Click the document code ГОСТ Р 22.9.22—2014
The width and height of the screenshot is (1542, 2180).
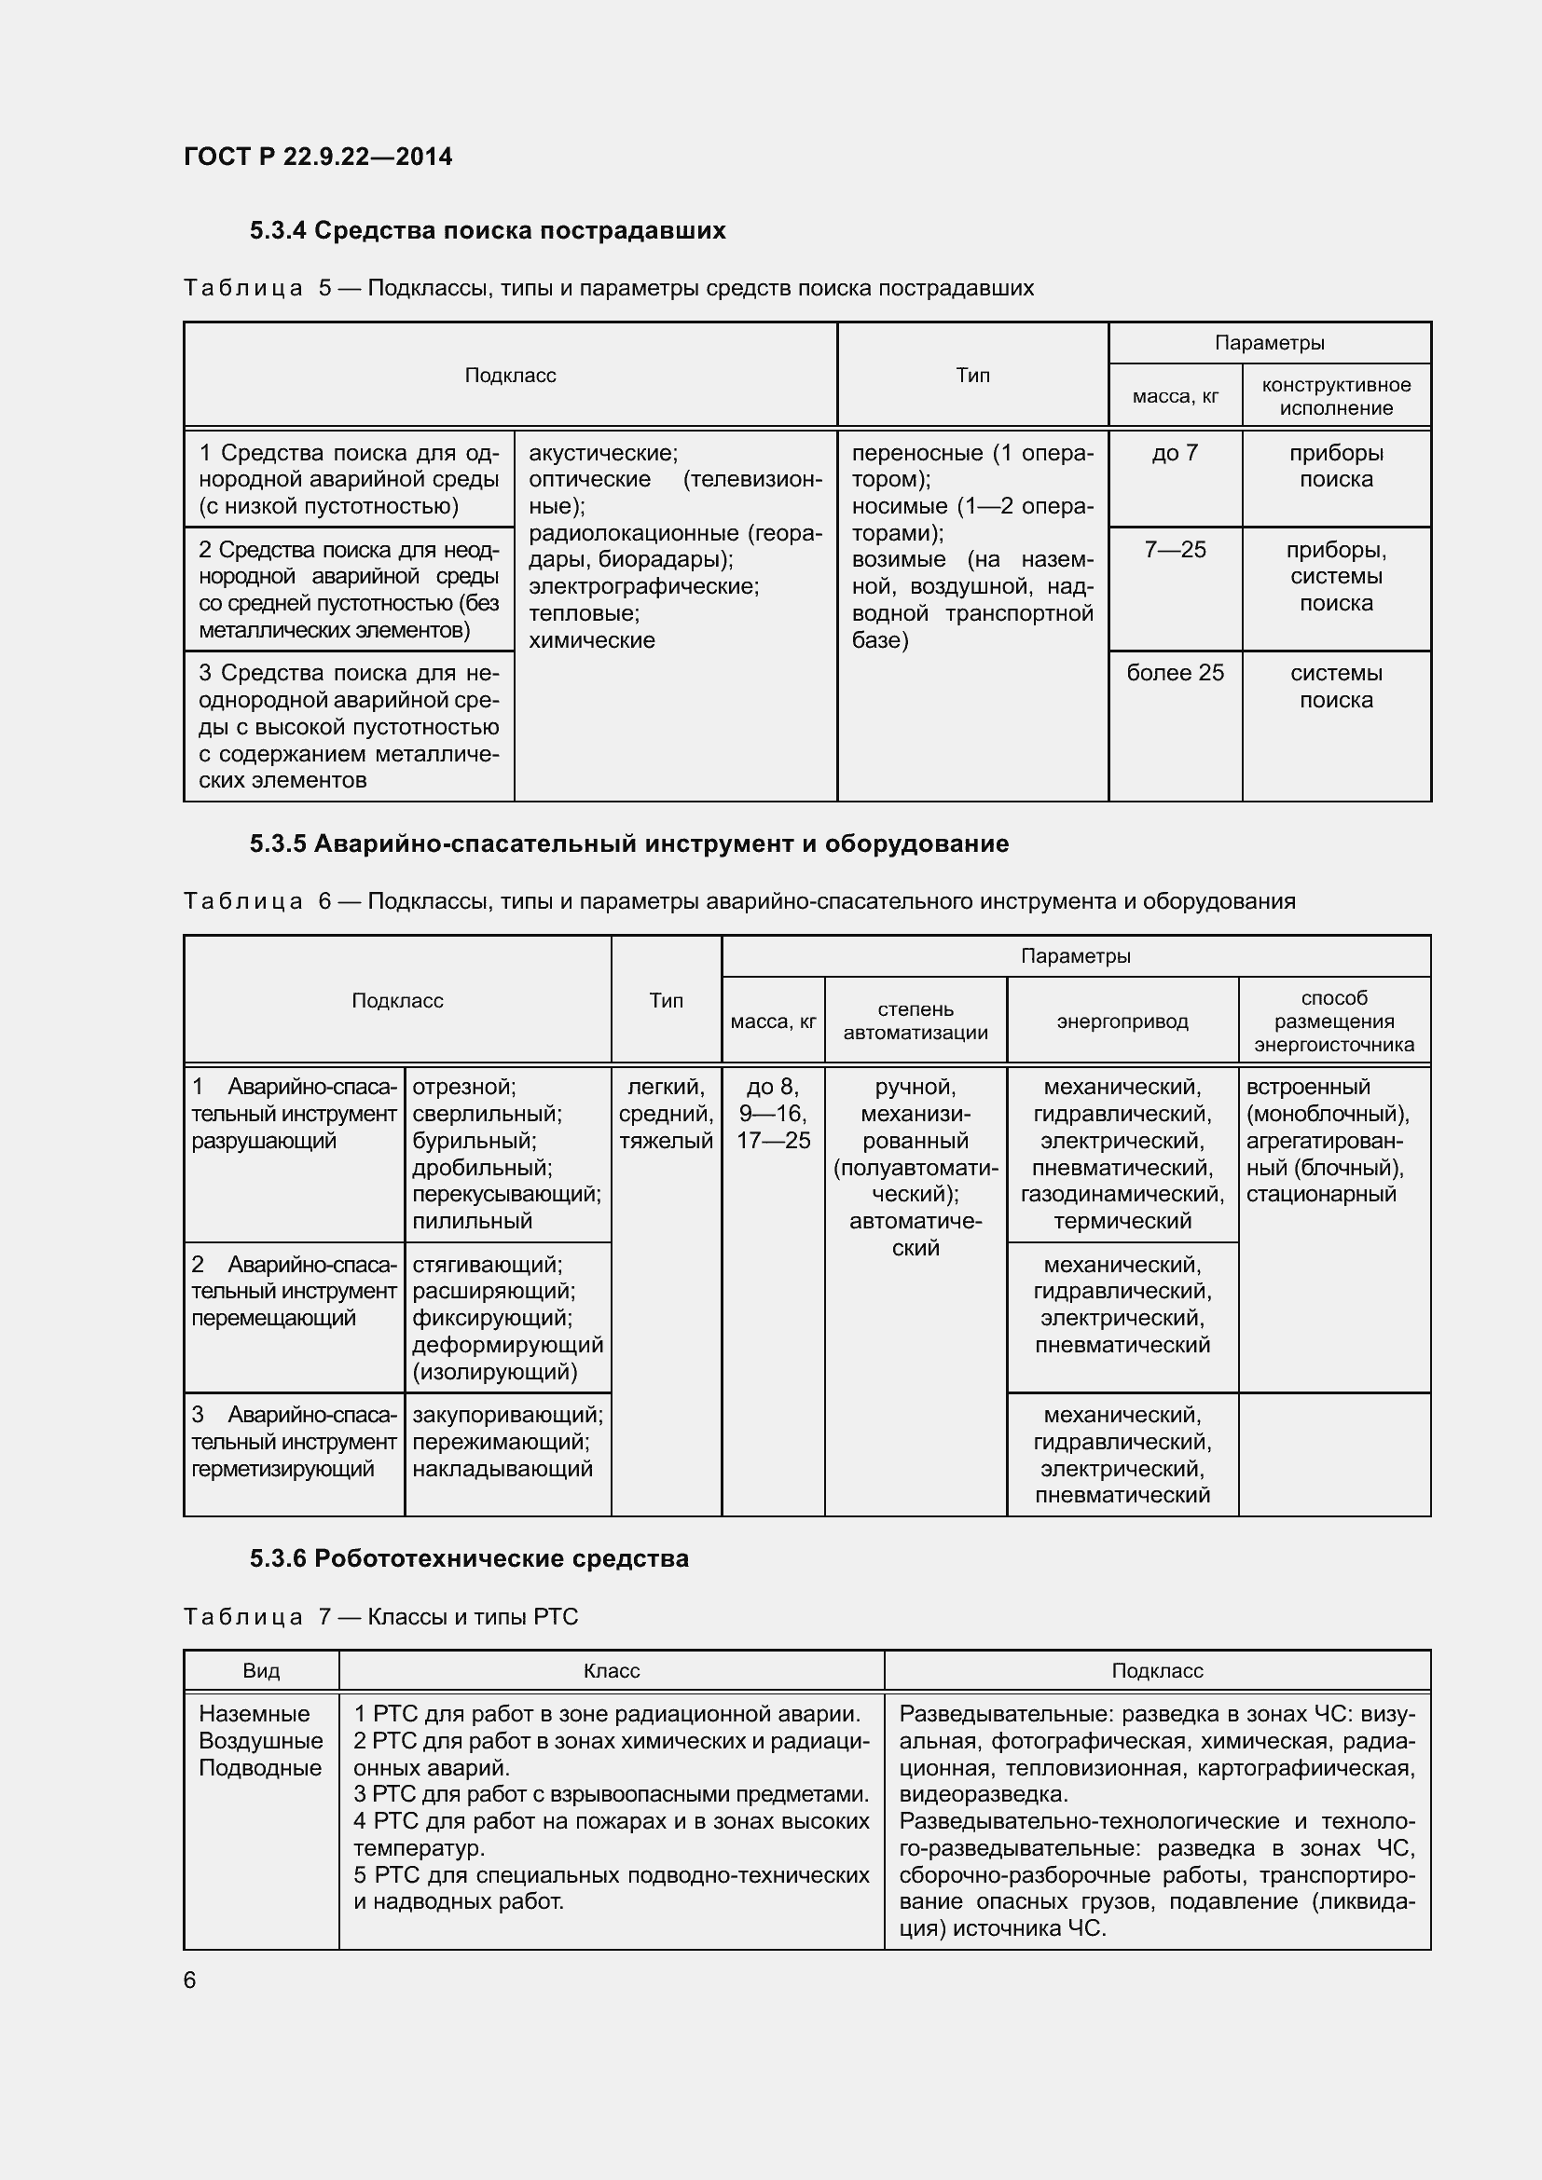(x=317, y=157)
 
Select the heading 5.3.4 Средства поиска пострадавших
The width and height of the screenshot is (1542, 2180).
(x=487, y=231)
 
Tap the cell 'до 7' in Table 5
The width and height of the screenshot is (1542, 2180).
(x=1175, y=454)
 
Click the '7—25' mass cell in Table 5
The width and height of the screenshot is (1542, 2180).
(x=1175, y=550)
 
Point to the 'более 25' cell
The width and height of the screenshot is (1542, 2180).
(x=1175, y=673)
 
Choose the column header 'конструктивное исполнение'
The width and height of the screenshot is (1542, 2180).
(x=1335, y=397)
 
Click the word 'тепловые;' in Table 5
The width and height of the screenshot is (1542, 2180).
(x=584, y=613)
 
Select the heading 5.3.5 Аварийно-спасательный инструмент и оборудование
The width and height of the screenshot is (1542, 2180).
(x=628, y=844)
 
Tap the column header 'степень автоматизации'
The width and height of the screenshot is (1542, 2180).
(x=916, y=1021)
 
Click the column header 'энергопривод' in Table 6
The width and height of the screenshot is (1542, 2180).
(x=1122, y=1021)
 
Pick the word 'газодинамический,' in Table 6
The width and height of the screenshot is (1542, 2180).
(x=1122, y=1195)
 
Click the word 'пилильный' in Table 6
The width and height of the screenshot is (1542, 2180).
(x=472, y=1222)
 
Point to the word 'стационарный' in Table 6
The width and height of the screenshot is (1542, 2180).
(x=1321, y=1195)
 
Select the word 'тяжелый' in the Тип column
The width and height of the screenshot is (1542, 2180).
(x=666, y=1142)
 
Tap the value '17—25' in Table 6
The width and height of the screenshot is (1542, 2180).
(x=773, y=1142)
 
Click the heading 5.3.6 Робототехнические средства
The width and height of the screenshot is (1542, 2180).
(x=469, y=1559)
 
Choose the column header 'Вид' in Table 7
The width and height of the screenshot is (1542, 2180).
(x=261, y=1671)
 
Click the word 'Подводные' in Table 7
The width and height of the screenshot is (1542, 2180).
(x=260, y=1768)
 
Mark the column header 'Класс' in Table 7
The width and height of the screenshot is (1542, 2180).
(x=612, y=1671)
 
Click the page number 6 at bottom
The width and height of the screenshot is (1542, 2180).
(x=190, y=1980)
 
